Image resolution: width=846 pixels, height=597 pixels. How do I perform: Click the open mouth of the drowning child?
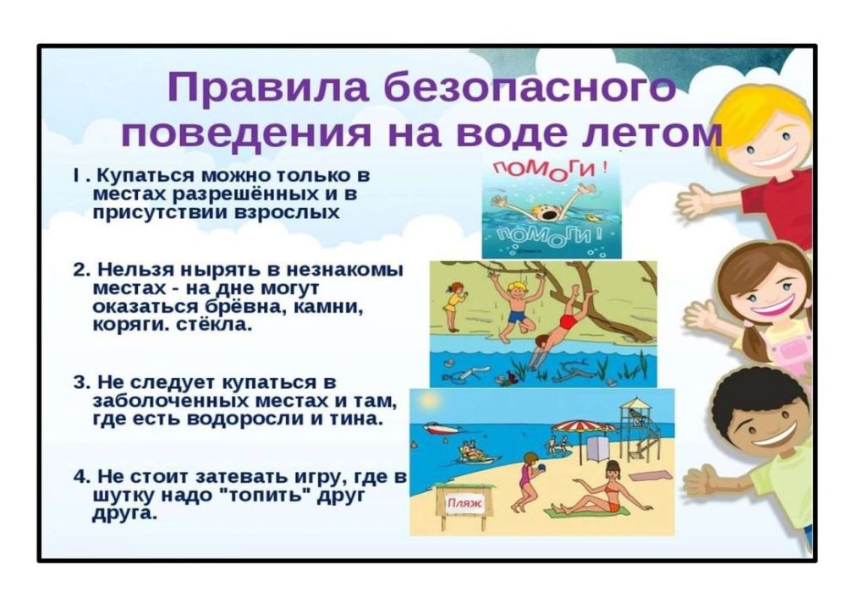click(x=550, y=214)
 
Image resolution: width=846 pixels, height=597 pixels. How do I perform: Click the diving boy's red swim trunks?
click(x=568, y=322)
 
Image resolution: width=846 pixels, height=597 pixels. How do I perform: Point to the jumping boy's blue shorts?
click(x=516, y=315)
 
